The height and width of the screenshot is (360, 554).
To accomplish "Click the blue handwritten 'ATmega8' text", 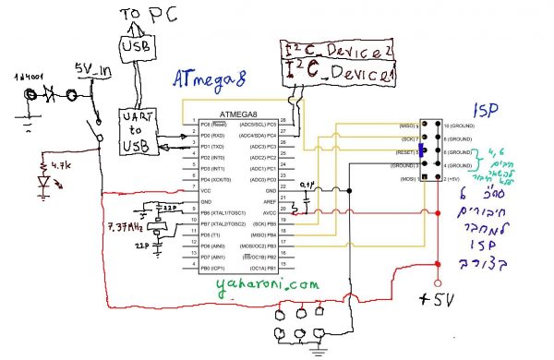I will (214, 79).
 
